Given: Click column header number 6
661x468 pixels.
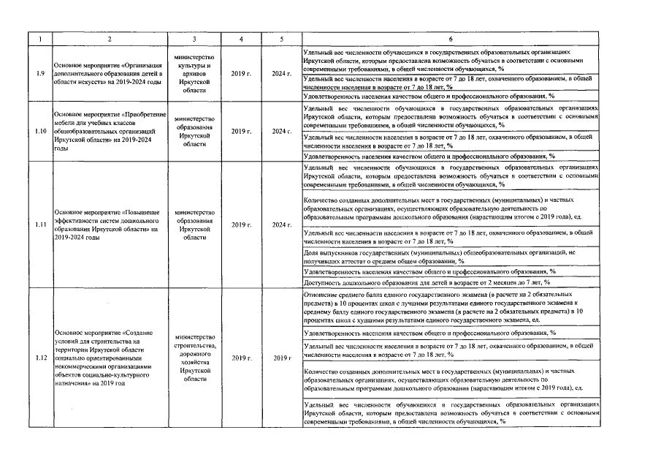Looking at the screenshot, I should coord(451,39).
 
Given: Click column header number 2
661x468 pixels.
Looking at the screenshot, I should coord(110,39).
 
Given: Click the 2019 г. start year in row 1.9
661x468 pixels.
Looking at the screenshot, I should coord(241,73).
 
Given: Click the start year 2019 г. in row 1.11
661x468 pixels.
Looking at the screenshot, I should coord(241,224).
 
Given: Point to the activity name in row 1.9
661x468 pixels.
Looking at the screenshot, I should coord(110,73).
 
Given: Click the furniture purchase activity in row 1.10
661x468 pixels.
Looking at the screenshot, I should coord(110,132).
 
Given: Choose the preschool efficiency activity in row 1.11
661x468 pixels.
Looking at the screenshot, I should coord(110,224).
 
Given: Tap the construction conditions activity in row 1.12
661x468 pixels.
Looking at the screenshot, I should coord(110,358).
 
